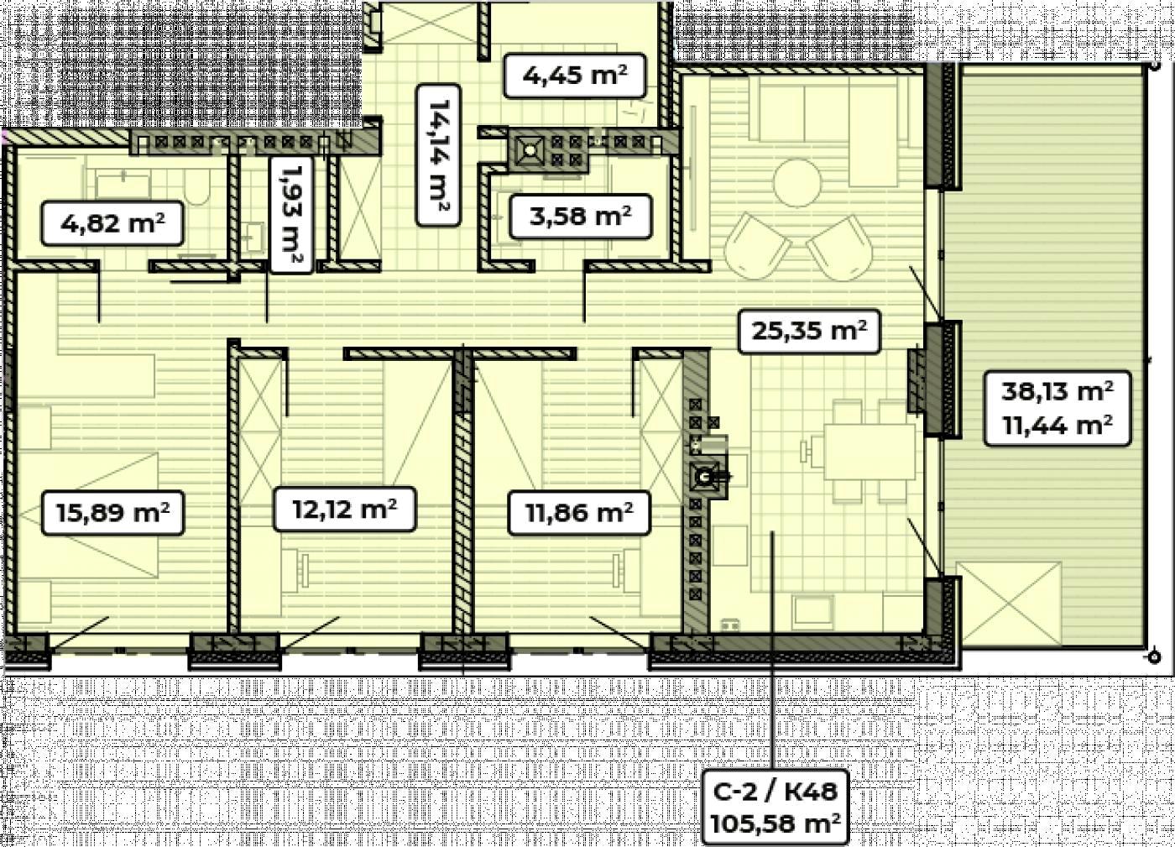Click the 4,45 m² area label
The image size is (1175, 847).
[574, 76]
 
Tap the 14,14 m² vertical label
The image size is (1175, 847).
[438, 154]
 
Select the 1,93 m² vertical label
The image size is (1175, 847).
[291, 214]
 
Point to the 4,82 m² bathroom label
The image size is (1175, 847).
[112, 223]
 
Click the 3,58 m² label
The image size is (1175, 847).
[580, 216]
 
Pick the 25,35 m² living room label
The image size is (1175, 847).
[809, 331]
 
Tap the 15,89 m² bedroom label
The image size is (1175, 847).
[112, 512]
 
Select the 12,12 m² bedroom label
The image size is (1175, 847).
[345, 509]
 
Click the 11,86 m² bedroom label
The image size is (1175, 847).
[579, 512]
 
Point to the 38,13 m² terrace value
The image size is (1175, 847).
[1057, 391]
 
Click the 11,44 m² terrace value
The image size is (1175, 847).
[1057, 425]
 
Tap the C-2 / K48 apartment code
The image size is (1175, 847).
[775, 791]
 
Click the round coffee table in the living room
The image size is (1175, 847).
[797, 183]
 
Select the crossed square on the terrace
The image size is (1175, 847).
[1009, 604]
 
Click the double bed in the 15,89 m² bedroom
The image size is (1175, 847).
[88, 516]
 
